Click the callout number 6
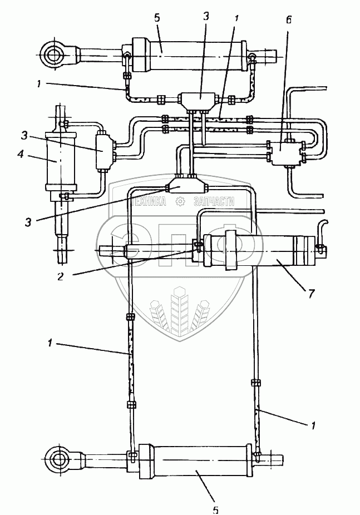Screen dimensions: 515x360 pyautogui.click(x=289, y=20)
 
